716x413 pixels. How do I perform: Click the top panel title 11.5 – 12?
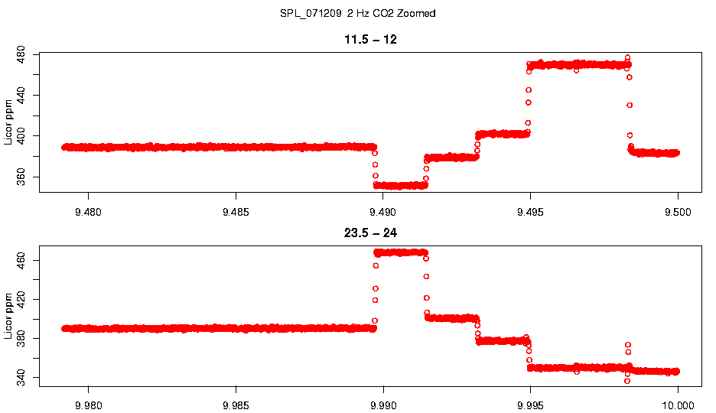[370, 39]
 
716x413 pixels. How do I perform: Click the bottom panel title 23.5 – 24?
[370, 233]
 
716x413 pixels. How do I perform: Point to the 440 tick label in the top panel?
[21, 95]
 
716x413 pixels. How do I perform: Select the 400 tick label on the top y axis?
[21, 136]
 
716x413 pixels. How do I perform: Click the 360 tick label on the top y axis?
[21, 177]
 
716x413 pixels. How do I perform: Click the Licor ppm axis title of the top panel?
[8, 122]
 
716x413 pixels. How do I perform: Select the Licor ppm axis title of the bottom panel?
[8, 314]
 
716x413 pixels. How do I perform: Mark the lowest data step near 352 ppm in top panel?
[401, 185]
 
